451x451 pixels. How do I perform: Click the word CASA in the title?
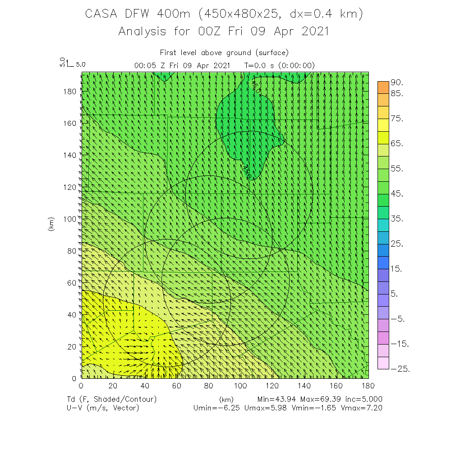[x=101, y=14]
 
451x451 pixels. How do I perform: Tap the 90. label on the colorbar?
[x=397, y=83]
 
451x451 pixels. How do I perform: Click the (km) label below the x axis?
[x=226, y=400]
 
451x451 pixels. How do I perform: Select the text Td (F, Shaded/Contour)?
[x=111, y=400]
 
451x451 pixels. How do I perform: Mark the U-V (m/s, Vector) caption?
[x=102, y=408]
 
